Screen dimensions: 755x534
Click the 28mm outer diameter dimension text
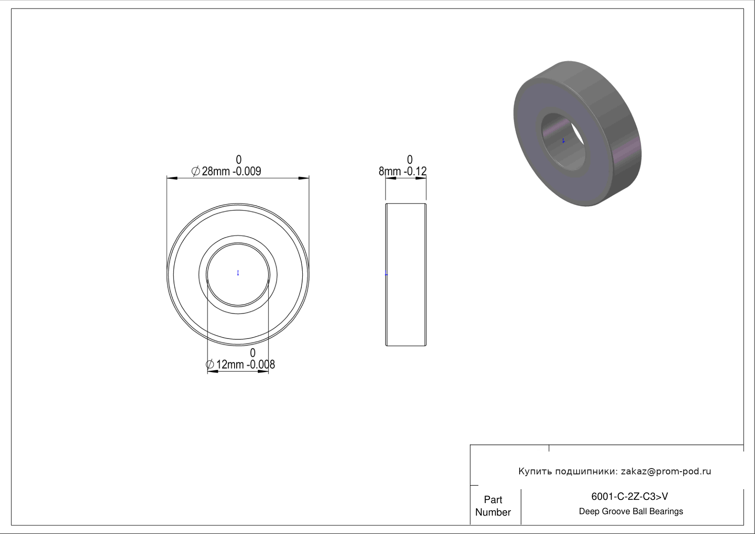coord(216,171)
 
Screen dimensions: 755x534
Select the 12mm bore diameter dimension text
coord(230,365)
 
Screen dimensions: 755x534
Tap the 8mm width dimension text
coord(389,171)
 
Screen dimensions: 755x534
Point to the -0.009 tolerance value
coord(247,171)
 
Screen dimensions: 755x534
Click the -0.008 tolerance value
coord(261,365)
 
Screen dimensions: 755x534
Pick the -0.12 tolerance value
coord(415,171)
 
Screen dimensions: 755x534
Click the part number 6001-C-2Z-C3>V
coord(629,496)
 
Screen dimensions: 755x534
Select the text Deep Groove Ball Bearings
coord(631,512)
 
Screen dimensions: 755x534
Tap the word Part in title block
coord(493,499)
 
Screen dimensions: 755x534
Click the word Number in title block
coord(493,512)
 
